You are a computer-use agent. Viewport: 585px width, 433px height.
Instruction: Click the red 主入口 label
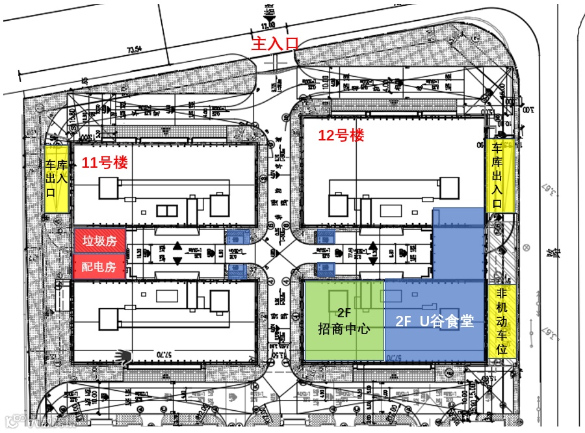tap(275, 44)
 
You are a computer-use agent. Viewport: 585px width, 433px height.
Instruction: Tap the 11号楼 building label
tap(104, 163)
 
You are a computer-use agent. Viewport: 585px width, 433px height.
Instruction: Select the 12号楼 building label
tap(341, 135)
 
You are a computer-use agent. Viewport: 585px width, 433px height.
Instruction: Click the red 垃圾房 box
tap(99, 241)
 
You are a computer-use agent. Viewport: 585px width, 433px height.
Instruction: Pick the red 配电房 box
tap(99, 267)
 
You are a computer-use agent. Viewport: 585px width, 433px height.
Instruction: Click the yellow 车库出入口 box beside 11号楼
tap(57, 177)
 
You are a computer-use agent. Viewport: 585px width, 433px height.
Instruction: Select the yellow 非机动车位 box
tap(501, 322)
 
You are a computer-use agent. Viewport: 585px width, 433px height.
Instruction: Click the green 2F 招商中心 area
tap(344, 320)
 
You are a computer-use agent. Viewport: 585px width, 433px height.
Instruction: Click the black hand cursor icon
tap(122, 355)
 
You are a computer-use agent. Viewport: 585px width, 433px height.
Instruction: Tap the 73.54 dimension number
tap(135, 49)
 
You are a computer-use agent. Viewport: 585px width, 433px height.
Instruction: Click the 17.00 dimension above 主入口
tap(268, 25)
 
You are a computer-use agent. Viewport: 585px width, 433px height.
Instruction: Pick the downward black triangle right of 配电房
tap(177, 261)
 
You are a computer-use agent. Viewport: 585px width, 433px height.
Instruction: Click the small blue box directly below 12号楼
tap(324, 237)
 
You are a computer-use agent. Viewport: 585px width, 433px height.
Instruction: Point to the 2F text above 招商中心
tap(344, 311)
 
